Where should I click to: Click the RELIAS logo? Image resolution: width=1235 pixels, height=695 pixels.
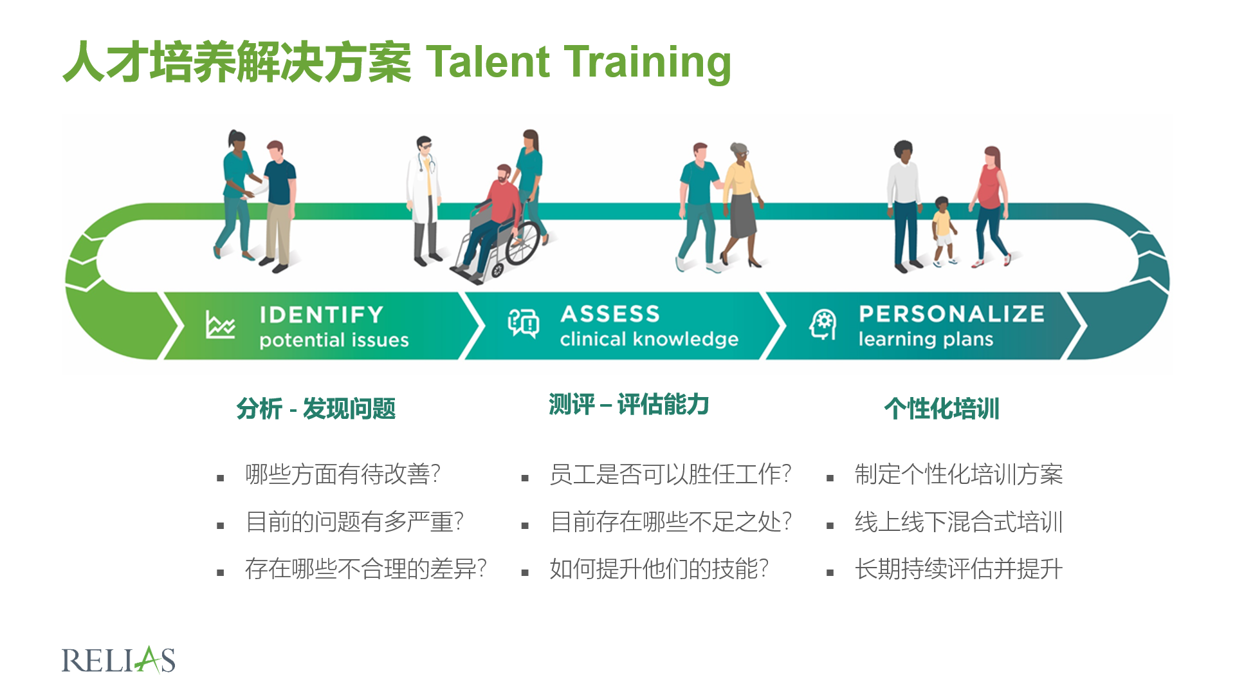pyautogui.click(x=118, y=660)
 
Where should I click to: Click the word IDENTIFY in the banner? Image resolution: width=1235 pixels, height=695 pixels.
pyautogui.click(x=322, y=315)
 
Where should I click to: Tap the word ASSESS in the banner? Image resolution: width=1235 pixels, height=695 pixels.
pyautogui.click(x=610, y=314)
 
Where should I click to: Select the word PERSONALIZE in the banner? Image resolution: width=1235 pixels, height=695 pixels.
pyautogui.click(x=951, y=313)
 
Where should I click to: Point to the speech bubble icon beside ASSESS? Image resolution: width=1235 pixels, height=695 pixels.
pyautogui.click(x=524, y=323)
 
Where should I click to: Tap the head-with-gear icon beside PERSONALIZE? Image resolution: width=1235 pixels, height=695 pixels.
pyautogui.click(x=823, y=324)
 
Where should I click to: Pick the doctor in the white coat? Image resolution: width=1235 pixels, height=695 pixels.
pyautogui.click(x=425, y=200)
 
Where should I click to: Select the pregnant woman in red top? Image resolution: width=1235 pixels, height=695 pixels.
pyautogui.click(x=991, y=206)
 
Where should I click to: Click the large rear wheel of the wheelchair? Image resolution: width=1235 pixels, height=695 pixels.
pyautogui.click(x=523, y=243)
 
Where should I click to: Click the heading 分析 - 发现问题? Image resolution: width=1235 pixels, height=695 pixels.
pyautogui.click(x=316, y=409)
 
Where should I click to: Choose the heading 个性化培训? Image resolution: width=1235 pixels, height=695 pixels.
pyautogui.click(x=942, y=409)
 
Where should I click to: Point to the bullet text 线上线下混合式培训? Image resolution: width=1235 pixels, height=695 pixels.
pyautogui.click(x=958, y=521)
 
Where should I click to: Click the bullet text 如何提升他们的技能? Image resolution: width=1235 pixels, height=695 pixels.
pyautogui.click(x=659, y=569)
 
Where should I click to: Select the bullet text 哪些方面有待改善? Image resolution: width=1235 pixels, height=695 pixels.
pyautogui.click(x=343, y=474)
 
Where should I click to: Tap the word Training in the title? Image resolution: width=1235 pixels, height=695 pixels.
pyautogui.click(x=648, y=62)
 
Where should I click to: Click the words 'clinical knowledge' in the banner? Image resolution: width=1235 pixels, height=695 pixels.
pyautogui.click(x=649, y=338)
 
